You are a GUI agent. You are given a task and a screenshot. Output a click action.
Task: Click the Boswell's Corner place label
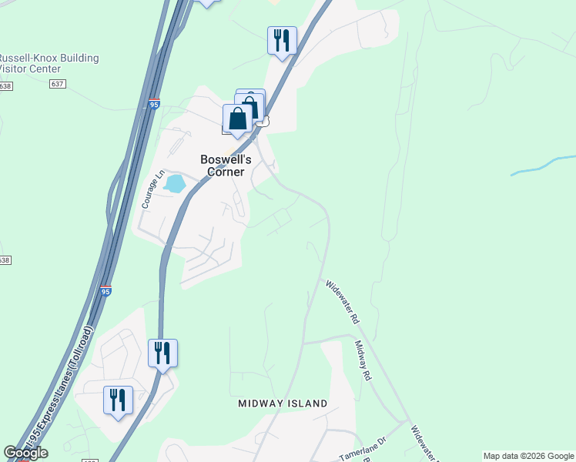click(223, 166)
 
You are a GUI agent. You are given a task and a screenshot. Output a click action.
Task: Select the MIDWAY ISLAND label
click(283, 403)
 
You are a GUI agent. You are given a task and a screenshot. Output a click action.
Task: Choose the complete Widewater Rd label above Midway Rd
click(343, 301)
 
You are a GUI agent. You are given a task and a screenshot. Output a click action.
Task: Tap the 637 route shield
click(56, 83)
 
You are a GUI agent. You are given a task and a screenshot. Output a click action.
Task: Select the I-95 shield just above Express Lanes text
click(105, 291)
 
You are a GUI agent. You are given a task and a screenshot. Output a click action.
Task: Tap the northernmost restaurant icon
click(282, 39)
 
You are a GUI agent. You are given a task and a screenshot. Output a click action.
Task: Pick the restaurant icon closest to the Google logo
click(118, 400)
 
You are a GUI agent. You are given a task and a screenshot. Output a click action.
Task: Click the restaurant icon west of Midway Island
click(162, 353)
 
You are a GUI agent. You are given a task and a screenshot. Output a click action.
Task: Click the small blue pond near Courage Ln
click(175, 184)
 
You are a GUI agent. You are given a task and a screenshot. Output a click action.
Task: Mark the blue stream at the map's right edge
click(543, 166)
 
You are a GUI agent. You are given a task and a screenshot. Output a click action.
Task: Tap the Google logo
click(25, 454)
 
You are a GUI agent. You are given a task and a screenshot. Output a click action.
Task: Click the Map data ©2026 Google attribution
click(528, 456)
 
